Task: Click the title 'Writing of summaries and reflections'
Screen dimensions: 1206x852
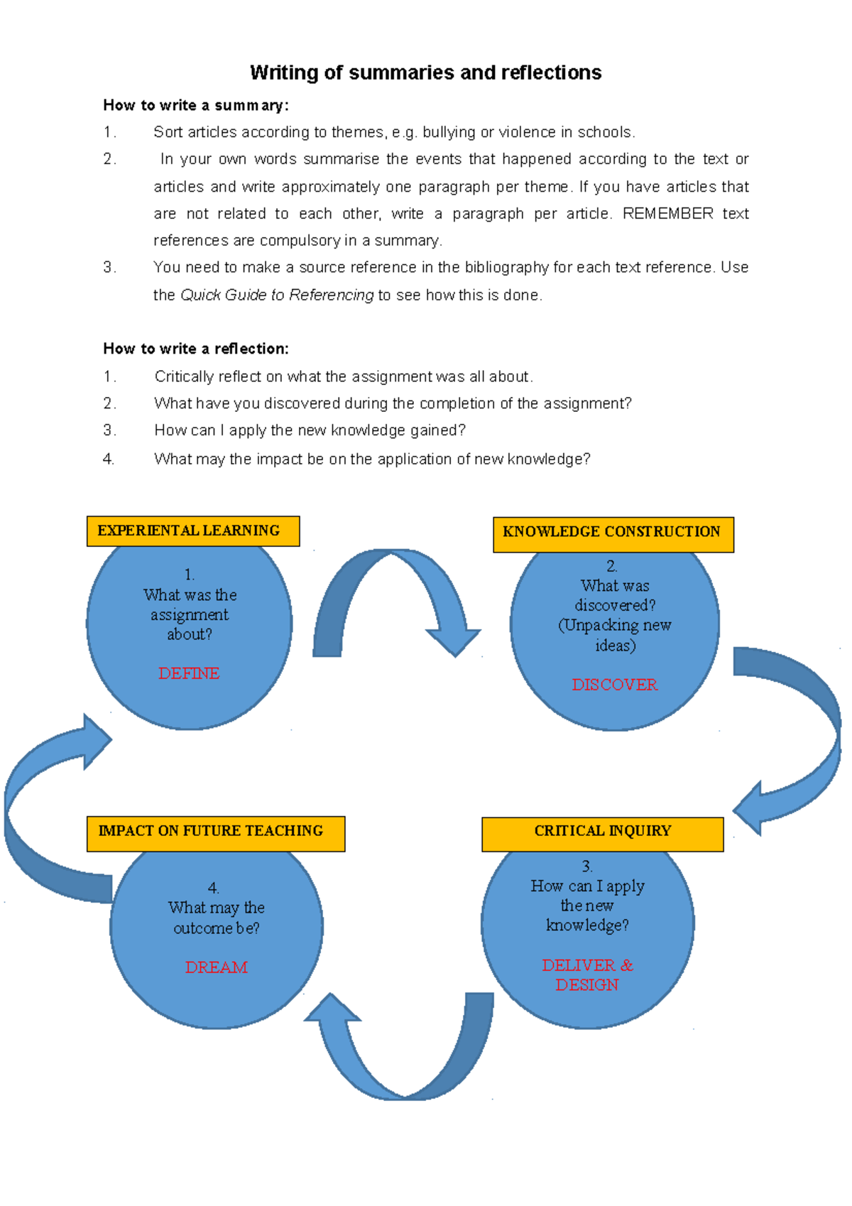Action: click(x=425, y=72)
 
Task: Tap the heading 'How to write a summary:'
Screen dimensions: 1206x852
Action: click(x=195, y=105)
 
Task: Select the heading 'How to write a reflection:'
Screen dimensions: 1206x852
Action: click(x=195, y=349)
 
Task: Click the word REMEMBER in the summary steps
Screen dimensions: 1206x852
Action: click(x=667, y=214)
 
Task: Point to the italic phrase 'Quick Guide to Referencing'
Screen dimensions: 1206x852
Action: click(x=277, y=295)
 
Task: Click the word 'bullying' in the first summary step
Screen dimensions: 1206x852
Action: click(x=449, y=132)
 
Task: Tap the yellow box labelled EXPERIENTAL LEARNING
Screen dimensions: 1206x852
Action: click(x=192, y=531)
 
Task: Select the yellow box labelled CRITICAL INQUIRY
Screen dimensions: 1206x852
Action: click(x=602, y=833)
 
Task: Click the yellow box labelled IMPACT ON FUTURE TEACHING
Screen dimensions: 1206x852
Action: click(x=215, y=833)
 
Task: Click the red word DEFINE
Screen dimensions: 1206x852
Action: click(x=189, y=673)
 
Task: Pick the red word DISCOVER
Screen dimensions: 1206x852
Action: click(x=615, y=685)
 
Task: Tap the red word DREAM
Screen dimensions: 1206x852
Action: click(x=217, y=967)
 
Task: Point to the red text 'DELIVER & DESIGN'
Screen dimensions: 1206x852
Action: click(x=587, y=975)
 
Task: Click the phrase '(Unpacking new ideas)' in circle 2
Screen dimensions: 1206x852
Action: click(x=615, y=635)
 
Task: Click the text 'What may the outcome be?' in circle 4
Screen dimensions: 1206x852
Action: click(x=217, y=918)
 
